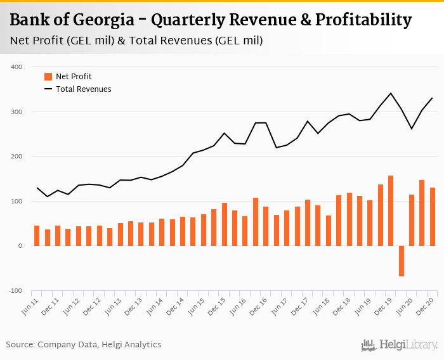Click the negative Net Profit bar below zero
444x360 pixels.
click(402, 261)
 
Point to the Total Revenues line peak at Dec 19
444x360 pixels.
click(391, 93)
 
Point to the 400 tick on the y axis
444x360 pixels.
click(16, 67)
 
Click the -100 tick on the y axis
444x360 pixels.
click(15, 291)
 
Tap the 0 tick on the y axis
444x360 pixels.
click(20, 246)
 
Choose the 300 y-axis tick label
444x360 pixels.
click(16, 112)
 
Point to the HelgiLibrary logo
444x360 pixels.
click(400, 345)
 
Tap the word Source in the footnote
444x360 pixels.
click(20, 345)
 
